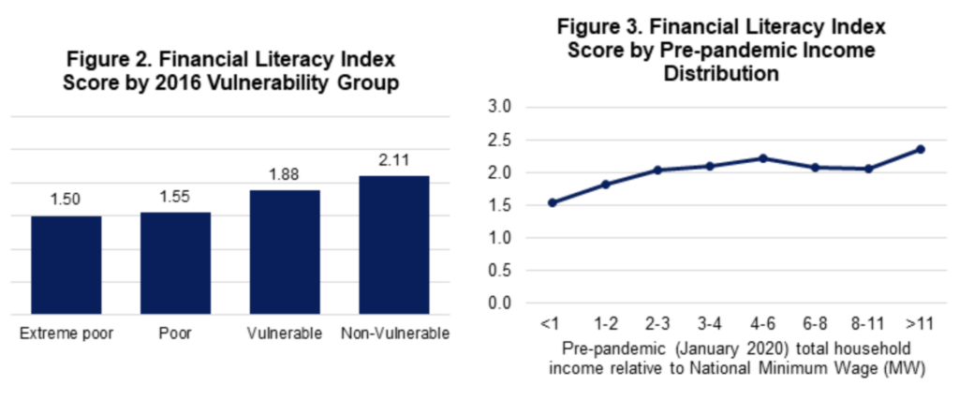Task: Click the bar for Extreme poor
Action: click(x=66, y=267)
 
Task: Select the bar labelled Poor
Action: click(x=176, y=265)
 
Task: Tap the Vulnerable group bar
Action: click(x=286, y=254)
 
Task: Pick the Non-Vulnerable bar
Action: click(x=394, y=246)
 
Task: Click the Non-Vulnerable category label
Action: click(x=395, y=334)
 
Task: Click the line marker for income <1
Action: click(x=553, y=202)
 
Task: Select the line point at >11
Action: click(x=921, y=149)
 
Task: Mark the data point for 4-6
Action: click(x=762, y=158)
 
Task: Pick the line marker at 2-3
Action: click(x=657, y=170)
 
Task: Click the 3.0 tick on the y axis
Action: click(x=502, y=108)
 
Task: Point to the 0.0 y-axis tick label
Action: click(x=502, y=304)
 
